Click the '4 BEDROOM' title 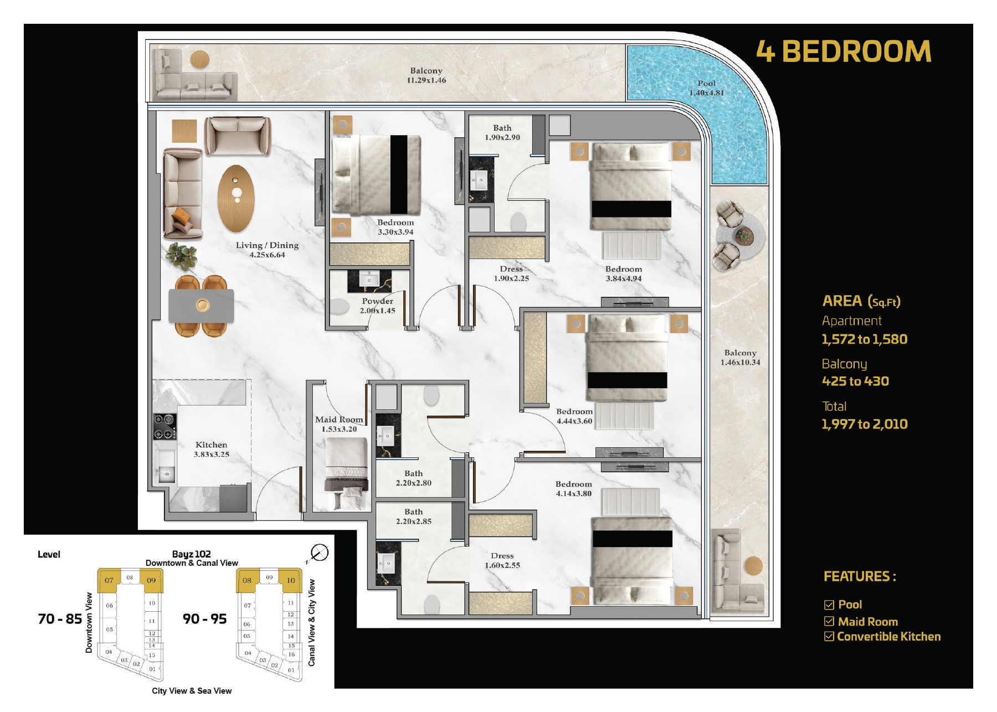tap(844, 51)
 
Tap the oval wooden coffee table tap(237, 198)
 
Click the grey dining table tap(201, 306)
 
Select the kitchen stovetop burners tap(165, 427)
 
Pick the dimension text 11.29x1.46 tap(426, 80)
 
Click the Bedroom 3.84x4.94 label tap(624, 274)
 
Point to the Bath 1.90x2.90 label tap(502, 132)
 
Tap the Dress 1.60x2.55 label tap(502, 560)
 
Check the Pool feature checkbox tap(829, 605)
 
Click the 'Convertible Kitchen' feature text tap(888, 637)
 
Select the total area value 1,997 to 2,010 tap(865, 424)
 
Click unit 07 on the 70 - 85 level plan tap(109, 580)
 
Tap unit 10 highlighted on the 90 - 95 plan tap(290, 580)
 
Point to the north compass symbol tap(319, 553)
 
